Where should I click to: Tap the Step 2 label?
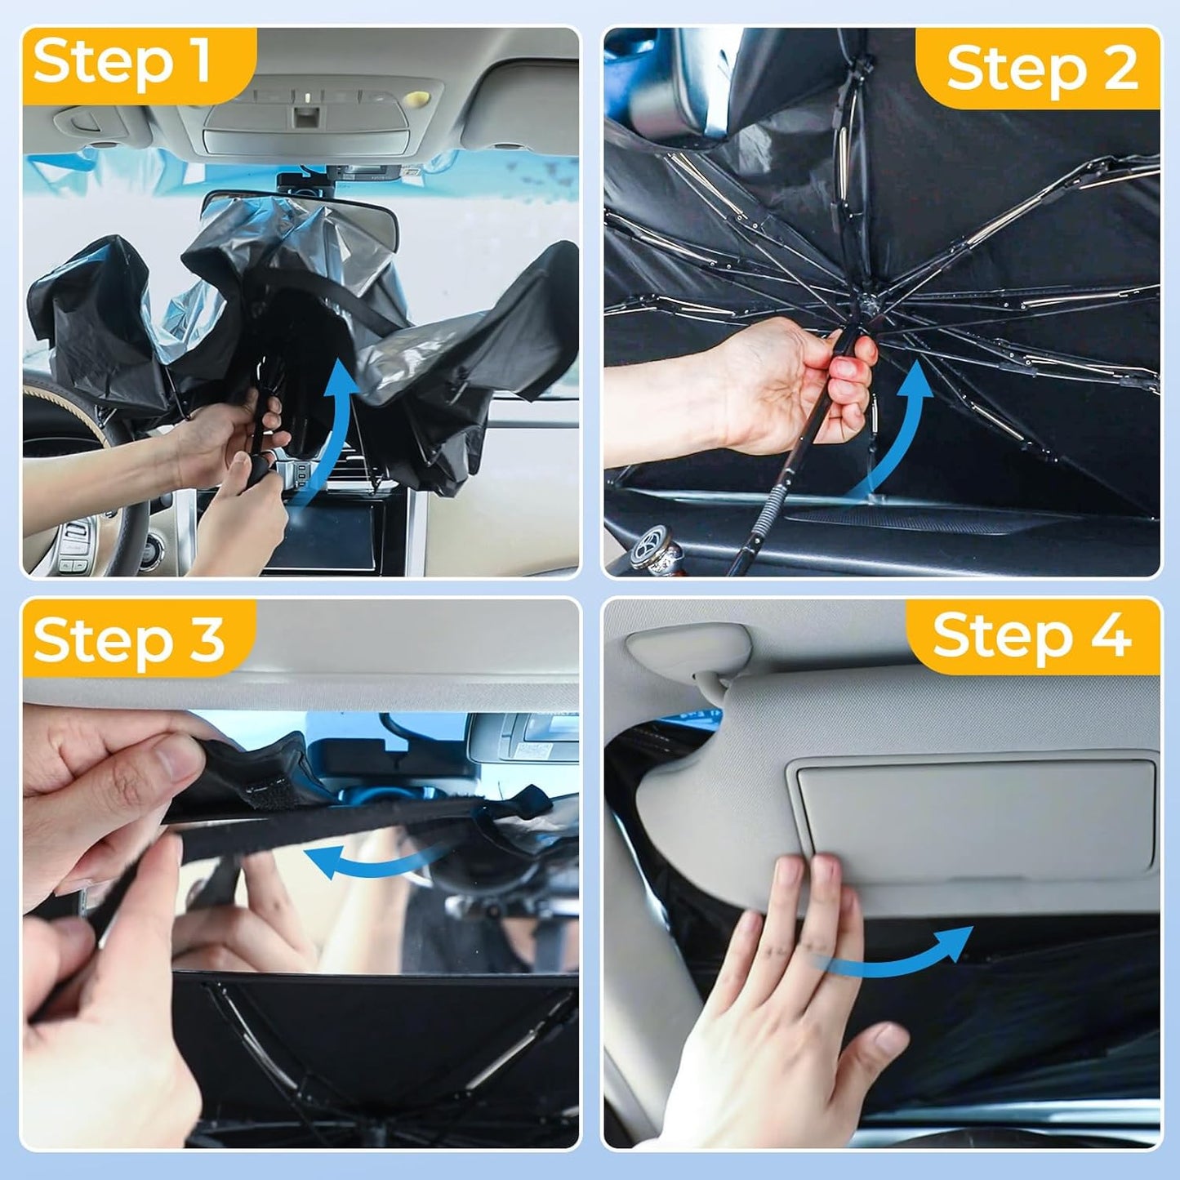1041,69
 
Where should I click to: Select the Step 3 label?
129,639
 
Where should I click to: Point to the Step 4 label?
1032,636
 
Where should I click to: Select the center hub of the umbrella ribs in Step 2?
867,306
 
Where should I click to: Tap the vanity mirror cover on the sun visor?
976,817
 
